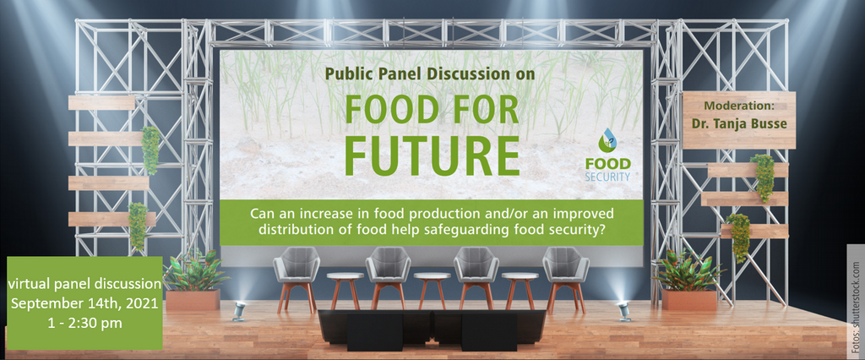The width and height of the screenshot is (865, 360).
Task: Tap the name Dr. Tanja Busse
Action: click(739, 123)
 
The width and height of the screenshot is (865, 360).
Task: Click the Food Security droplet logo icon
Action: click(608, 141)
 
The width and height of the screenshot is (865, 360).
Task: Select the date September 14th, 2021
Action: click(84, 303)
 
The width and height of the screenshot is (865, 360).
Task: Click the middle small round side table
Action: click(432, 289)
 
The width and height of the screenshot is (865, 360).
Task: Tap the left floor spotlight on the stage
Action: click(239, 310)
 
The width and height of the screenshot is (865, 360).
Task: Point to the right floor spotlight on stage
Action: click(624, 310)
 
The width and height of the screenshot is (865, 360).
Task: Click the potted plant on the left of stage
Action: click(193, 281)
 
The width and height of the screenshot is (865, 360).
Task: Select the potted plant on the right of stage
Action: click(689, 281)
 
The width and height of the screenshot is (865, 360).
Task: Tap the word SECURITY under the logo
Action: click(608, 177)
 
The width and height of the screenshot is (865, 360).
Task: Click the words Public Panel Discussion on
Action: click(429, 74)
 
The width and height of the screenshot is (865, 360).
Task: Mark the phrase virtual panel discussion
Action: click(84, 284)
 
